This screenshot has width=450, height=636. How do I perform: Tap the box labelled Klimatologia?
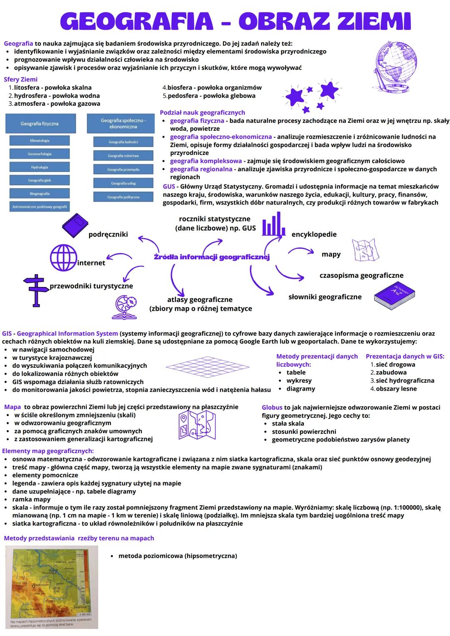40,141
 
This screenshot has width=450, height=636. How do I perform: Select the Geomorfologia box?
40,154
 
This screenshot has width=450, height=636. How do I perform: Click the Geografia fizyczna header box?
40,124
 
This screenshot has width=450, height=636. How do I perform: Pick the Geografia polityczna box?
123,197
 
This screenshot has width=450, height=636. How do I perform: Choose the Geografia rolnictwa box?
123,156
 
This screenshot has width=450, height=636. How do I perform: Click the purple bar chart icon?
274,224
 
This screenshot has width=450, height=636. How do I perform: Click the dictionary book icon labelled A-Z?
395,296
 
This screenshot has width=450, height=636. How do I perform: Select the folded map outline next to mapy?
365,250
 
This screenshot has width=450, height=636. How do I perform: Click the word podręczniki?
108,234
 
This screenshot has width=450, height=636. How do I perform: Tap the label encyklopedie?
314,234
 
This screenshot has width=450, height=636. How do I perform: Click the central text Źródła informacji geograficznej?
212,257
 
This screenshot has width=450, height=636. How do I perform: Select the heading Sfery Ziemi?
20,80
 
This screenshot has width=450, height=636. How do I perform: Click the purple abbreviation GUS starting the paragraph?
169,187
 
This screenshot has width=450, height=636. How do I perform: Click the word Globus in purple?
272,407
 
